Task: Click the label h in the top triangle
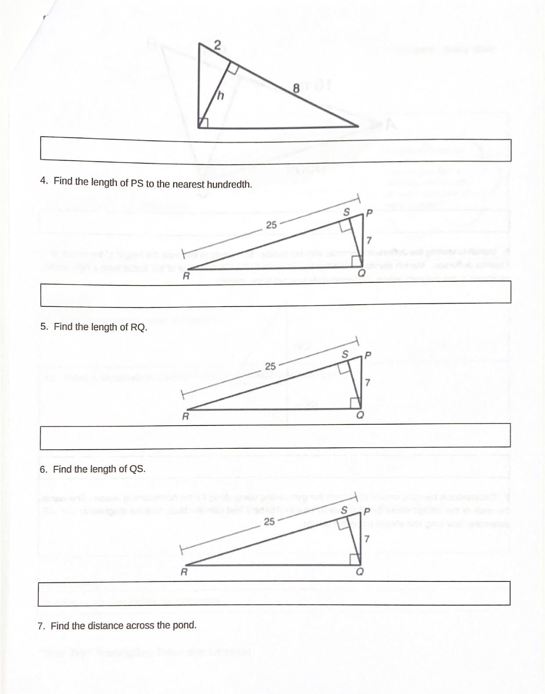221,96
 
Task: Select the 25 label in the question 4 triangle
271,225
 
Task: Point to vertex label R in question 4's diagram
186,277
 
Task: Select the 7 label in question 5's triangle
368,383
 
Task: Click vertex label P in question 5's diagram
368,354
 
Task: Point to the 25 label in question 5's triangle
270,366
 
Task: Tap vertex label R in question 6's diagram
184,572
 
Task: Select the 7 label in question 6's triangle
367,538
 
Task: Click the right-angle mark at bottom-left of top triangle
203,123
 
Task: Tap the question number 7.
41,626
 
